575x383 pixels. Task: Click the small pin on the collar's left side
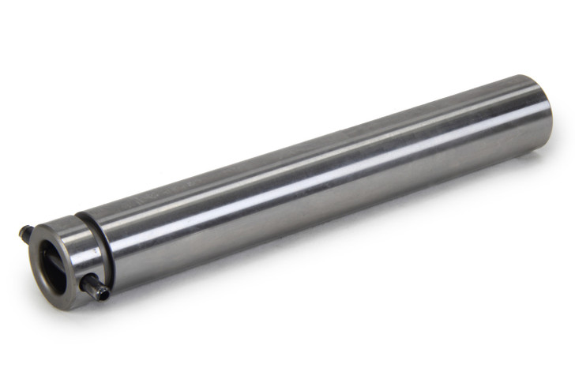[25, 233]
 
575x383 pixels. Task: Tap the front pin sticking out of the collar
[96, 288]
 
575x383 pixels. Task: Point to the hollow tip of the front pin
[103, 295]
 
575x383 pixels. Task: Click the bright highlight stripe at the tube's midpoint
[316, 170]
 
